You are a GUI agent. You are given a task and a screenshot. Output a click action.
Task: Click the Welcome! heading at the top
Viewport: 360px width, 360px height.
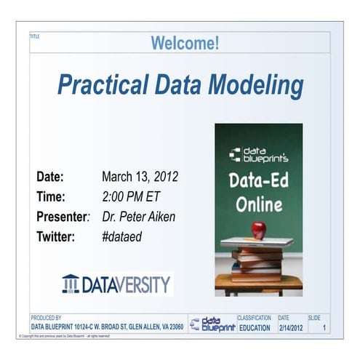185,44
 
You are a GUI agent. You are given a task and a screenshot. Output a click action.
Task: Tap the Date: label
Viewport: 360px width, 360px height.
50,177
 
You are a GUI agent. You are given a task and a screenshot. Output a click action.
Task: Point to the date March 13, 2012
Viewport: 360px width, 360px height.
140,177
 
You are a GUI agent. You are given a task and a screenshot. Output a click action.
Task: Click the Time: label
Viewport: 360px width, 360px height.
51,196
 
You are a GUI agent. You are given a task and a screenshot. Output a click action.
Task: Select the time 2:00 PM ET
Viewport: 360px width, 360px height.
132,196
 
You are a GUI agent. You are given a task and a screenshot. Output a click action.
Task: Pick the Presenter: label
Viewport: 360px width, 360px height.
63,217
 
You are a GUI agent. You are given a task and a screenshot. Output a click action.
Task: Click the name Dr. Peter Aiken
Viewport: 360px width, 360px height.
138,217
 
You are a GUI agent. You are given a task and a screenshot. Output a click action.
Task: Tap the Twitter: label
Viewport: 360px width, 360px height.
56,236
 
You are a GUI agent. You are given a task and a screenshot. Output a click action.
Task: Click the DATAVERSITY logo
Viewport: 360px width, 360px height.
117,283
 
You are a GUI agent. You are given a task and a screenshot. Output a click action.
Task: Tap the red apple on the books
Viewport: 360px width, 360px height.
258,230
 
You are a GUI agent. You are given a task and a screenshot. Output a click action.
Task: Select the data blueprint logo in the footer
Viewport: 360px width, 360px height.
212,324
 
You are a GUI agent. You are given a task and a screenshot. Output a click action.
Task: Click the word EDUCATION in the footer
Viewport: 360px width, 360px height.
255,328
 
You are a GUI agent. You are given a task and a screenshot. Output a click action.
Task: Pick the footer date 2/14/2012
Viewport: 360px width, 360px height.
292,328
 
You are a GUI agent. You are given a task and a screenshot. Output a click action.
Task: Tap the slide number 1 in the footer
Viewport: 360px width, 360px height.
324,328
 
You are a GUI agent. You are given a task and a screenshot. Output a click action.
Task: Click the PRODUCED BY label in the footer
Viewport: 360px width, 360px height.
46,318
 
